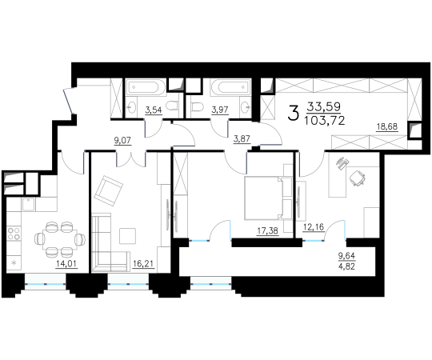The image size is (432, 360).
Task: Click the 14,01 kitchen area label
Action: pos(66,264)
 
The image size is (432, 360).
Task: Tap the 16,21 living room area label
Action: pos(143,264)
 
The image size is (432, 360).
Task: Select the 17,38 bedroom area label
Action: pos(267,231)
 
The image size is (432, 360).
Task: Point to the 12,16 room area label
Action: pos(314,227)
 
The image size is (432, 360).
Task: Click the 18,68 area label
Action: pos(387,126)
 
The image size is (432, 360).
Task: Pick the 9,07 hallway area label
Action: pos(122,141)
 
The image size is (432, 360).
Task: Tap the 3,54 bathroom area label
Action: pos(154,110)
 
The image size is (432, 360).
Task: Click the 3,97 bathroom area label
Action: pos(220,110)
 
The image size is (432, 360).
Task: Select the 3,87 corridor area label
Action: pos(242,139)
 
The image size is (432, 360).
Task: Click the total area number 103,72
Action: pos(324,121)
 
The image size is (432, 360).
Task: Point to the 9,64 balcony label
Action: pos(347,256)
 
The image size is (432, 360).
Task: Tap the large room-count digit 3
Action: pos(293,114)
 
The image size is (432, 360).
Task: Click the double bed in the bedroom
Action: pos(264,198)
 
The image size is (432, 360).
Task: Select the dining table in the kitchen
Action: pos(60,239)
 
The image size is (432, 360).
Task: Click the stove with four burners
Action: pos(14,233)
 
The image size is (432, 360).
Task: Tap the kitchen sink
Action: pos(29,204)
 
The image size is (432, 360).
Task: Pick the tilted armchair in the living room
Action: pos(108,190)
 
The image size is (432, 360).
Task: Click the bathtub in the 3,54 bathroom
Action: pos(145,87)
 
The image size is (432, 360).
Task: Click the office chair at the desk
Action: pos(358,178)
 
